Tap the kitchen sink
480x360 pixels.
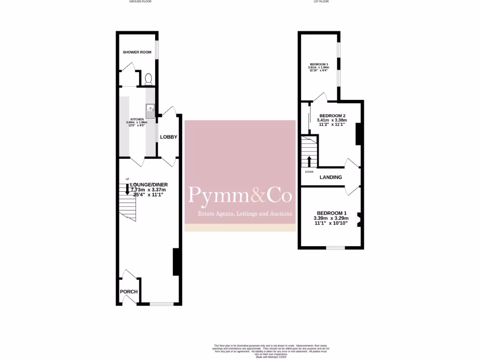pos(150,112)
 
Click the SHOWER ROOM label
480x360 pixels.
pos(137,52)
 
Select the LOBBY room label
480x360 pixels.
pos(168,137)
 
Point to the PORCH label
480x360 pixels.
pos(129,292)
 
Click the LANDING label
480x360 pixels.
pos(330,177)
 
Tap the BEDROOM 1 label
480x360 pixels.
pos(332,213)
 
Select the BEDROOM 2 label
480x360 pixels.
pos(332,116)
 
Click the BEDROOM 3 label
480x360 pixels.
pos(318,64)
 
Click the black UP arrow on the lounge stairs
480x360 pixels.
pos(127,190)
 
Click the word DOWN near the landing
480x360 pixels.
pos(309,172)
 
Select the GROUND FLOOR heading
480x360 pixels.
pos(140,2)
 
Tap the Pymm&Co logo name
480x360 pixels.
pos(240,195)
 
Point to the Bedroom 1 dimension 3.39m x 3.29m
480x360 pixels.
pos(332,218)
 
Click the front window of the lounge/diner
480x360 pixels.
pos(161,304)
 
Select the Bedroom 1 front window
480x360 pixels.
pos(336,247)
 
